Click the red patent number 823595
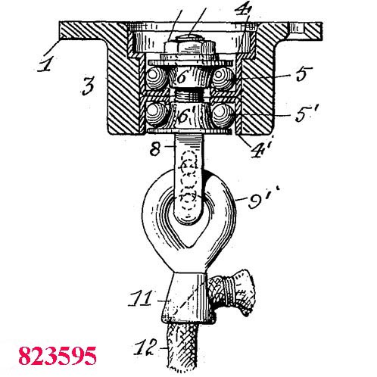(58, 356)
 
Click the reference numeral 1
(46, 64)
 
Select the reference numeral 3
(88, 86)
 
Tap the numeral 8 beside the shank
(155, 149)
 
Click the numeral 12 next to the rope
(145, 347)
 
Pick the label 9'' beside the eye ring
(263, 198)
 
